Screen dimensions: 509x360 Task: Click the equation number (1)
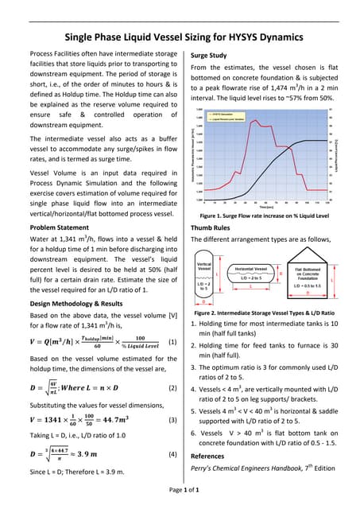[172, 343]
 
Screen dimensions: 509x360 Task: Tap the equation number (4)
[172, 454]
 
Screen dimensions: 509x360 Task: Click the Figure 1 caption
[265, 216]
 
